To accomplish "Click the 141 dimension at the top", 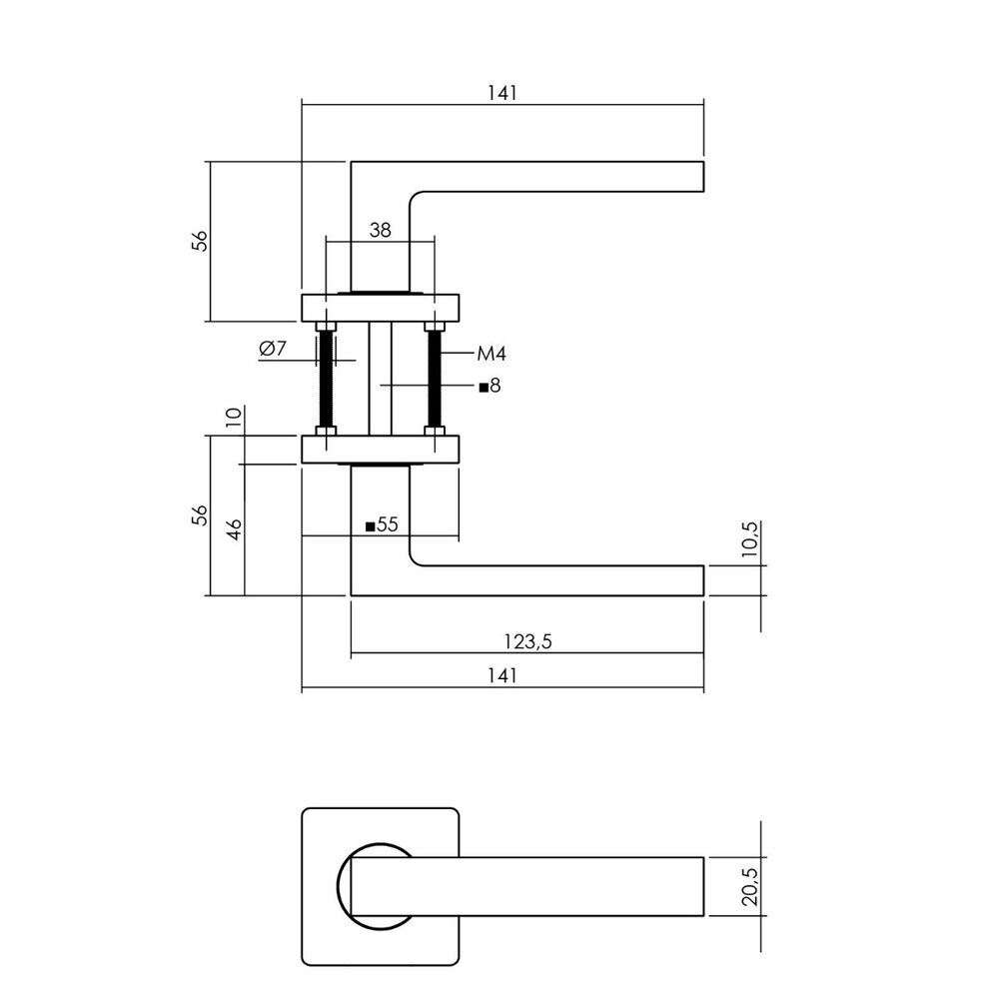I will tap(501, 92).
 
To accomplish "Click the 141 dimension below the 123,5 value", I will tap(501, 676).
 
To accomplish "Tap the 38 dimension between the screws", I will tap(380, 230).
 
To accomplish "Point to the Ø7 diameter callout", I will tap(273, 349).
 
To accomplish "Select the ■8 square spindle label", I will tap(489, 386).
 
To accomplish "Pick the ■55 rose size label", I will tap(382, 524).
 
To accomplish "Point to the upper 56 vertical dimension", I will tap(200, 241).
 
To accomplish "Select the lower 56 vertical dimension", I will tap(200, 514).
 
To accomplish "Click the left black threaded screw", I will tap(325, 380).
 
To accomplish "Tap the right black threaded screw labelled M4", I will tap(435, 380).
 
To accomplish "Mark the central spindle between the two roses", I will tap(380, 380).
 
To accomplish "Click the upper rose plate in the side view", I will tap(380, 308).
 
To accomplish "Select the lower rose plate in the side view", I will tap(380, 450).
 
